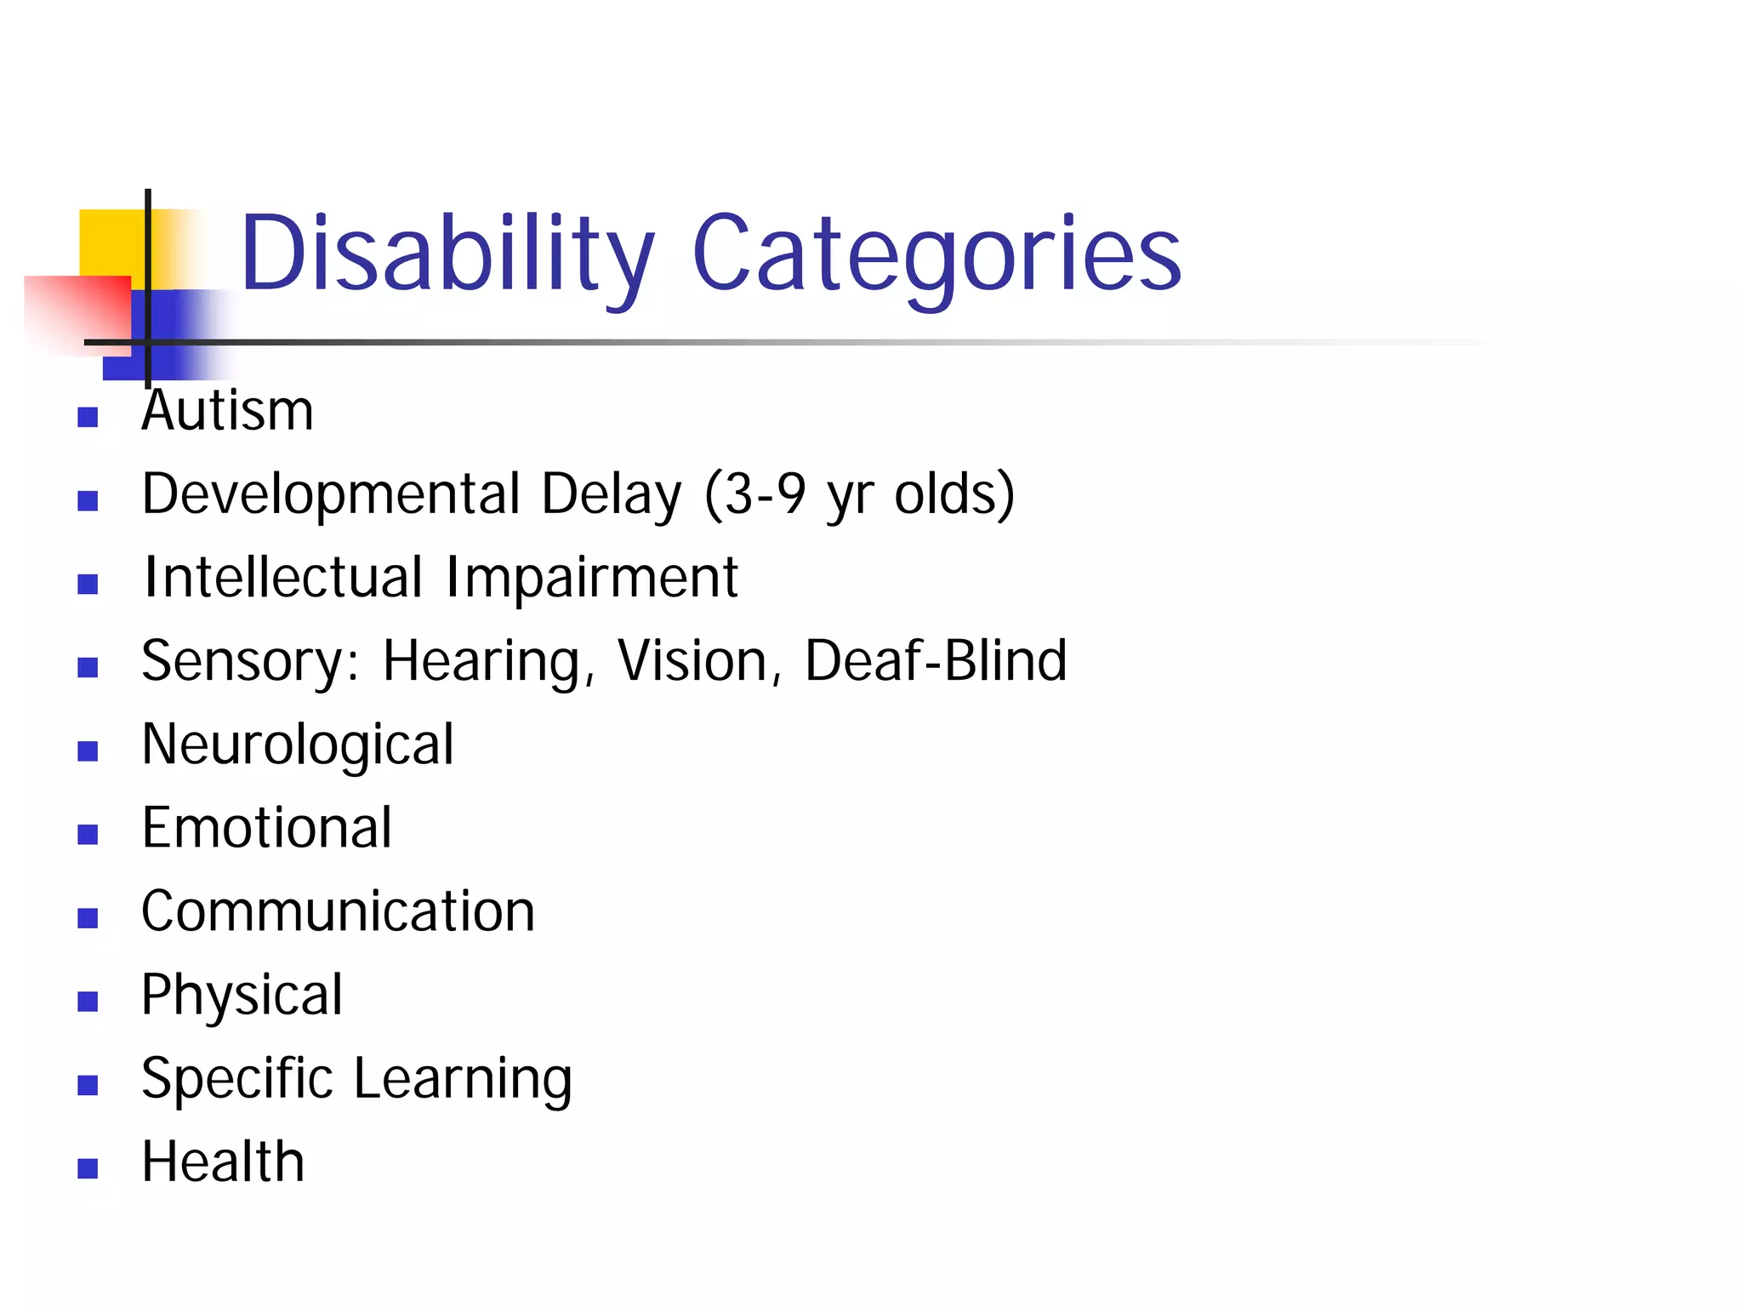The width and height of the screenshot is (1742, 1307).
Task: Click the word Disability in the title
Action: (447, 254)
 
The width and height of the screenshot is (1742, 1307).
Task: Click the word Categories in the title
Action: (936, 254)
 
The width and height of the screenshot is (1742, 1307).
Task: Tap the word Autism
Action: (228, 411)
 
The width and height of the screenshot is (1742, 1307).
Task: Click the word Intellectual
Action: (283, 577)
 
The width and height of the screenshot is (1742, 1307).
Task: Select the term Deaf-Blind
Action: (936, 660)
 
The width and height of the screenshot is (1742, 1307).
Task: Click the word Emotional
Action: (267, 827)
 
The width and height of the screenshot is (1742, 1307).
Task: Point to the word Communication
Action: (339, 911)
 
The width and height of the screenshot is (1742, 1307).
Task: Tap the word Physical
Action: (242, 995)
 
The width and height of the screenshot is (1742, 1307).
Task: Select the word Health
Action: (223, 1161)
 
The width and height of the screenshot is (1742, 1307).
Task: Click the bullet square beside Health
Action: (88, 1168)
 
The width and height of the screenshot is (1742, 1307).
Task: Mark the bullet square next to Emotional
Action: (88, 834)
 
